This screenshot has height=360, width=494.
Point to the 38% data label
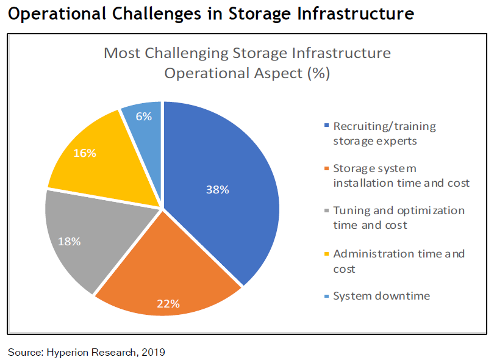coord(217,190)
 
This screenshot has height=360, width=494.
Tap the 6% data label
coord(145,116)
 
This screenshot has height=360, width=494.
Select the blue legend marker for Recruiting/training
coord(328,126)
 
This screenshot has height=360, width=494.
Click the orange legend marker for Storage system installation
coord(328,168)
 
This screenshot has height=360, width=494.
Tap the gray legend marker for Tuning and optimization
coord(328,211)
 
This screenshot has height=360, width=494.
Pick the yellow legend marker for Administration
coord(328,254)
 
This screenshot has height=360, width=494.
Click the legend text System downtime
coord(382,296)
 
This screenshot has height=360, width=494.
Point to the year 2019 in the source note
coord(154,352)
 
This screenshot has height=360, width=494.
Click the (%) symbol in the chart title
coord(318,74)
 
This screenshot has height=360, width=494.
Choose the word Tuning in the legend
coord(351,211)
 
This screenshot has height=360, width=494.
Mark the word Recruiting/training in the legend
coord(385,126)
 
